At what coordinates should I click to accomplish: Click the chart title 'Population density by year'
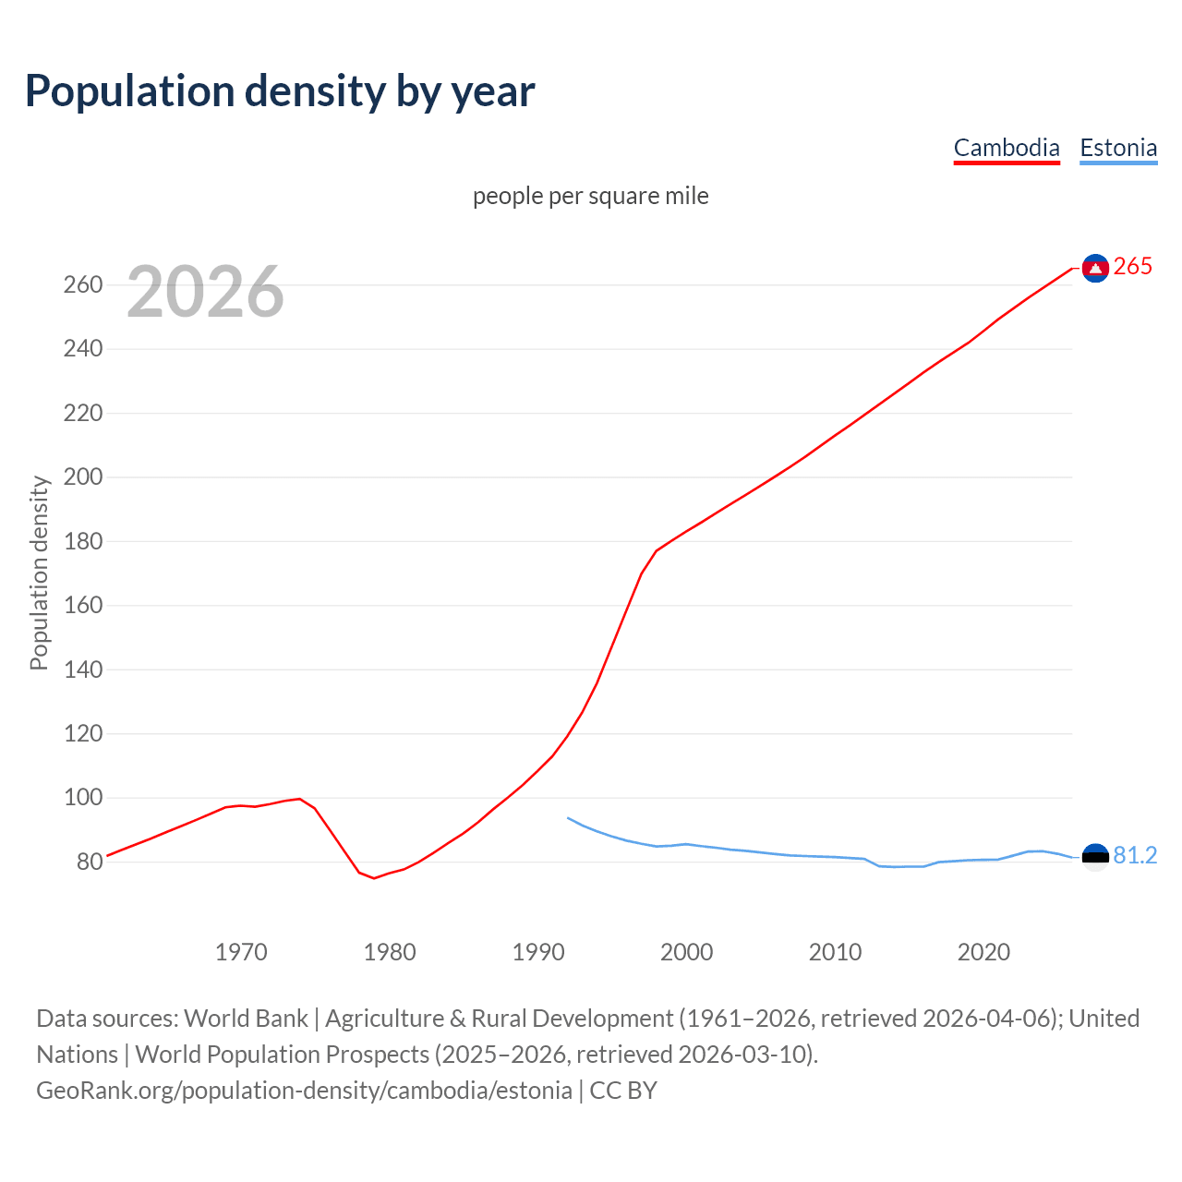pos(280,91)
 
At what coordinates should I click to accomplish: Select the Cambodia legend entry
pos(1007,148)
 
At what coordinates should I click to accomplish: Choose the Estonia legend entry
pos(1118,148)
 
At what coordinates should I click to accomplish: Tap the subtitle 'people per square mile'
pos(591,196)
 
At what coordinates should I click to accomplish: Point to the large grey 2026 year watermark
pos(205,292)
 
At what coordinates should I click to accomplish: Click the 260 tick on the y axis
pos(83,284)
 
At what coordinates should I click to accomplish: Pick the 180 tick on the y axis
pos(83,541)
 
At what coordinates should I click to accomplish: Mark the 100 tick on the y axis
pos(83,797)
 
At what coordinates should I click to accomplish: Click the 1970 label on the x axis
pos(241,952)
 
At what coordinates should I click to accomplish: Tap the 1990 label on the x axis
pos(538,952)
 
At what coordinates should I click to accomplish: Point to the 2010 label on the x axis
pos(835,952)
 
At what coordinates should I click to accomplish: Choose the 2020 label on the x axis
pos(983,952)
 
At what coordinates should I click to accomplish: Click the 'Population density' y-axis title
pos(39,573)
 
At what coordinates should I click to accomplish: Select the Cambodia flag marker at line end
pos(1095,268)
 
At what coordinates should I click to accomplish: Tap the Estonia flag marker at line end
pos(1095,857)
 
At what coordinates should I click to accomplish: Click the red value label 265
pos(1133,266)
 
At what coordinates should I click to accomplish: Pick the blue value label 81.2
pos(1135,856)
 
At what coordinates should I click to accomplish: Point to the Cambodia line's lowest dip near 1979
pos(374,877)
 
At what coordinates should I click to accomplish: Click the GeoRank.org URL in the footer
pos(304,1090)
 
